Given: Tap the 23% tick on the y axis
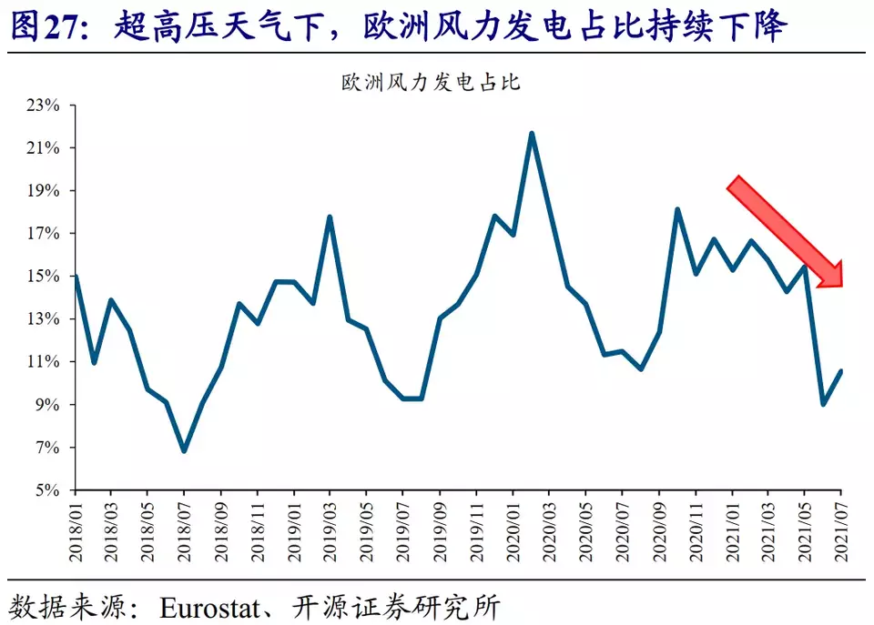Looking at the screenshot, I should [42, 106].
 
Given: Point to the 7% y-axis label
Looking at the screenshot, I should [46, 448].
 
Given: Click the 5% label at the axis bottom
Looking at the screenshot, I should [46, 490].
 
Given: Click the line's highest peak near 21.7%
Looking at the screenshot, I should [531, 133].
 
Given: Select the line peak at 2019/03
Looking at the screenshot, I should [330, 217].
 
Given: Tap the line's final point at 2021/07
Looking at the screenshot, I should [841, 371].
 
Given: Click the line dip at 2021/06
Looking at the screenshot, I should [823, 404].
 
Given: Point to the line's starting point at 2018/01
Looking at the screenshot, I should [75, 277].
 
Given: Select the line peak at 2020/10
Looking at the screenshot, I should [677, 209].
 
